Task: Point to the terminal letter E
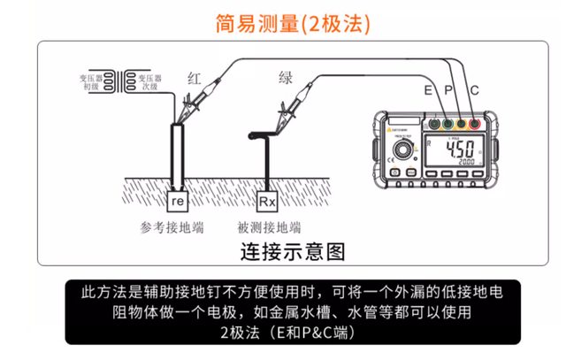click(429, 90)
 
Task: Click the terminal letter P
click(448, 90)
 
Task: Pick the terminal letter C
click(475, 90)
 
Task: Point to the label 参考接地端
click(172, 227)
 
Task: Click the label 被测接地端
click(269, 227)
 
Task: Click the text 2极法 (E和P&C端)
click(285, 333)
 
